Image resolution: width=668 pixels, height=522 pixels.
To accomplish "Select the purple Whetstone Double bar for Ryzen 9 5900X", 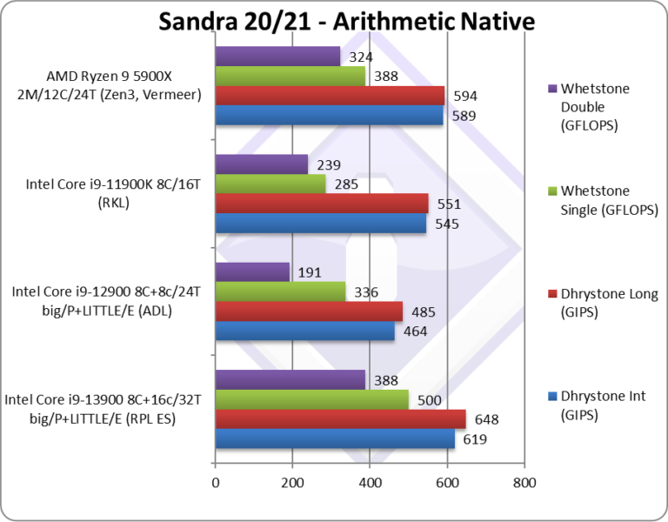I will (277, 57).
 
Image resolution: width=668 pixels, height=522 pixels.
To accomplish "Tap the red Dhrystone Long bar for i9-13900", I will (340, 419).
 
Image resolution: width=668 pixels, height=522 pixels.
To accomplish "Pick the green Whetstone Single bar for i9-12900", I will (280, 291).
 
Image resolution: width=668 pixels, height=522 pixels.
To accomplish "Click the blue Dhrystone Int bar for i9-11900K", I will (320, 224).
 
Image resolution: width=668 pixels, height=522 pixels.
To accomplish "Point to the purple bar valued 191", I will (251, 271).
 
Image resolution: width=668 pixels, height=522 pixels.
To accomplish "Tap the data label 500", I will (430, 400).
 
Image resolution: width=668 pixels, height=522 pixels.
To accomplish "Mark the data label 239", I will (328, 164).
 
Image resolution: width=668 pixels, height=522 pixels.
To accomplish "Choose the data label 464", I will (415, 331).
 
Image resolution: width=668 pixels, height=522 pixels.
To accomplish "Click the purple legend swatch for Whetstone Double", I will (551, 88).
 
